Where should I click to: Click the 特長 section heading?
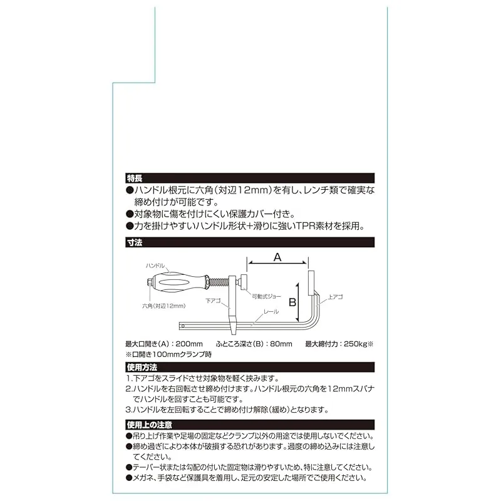click(135, 178)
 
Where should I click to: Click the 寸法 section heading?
click(135, 242)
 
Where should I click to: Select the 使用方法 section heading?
click(142, 367)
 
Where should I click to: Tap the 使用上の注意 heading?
click(149, 425)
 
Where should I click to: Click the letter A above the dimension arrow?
click(277, 257)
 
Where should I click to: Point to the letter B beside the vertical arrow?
click(292, 302)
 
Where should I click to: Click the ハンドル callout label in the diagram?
click(155, 266)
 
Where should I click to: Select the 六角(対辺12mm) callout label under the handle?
click(163, 306)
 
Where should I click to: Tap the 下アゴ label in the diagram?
click(213, 301)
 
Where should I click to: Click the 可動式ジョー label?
click(267, 296)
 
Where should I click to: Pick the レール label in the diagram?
click(271, 311)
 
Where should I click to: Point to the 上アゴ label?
click(335, 297)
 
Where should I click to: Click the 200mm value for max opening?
click(189, 344)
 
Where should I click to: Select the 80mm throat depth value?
click(281, 344)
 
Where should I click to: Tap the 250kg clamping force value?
click(354, 344)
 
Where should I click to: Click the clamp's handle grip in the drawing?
click(180, 282)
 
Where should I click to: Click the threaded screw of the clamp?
click(219, 282)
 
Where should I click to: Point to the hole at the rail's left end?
click(183, 326)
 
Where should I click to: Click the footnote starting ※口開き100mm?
click(168, 354)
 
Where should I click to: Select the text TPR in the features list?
click(306, 226)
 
